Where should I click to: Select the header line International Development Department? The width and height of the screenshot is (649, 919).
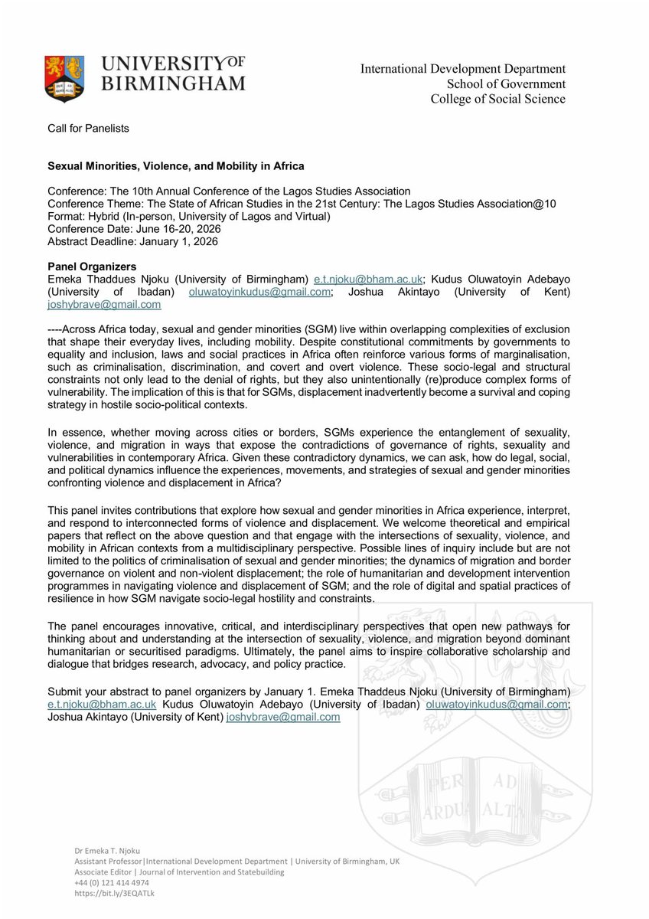tap(463, 70)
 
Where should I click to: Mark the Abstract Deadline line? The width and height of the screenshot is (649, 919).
tap(132, 241)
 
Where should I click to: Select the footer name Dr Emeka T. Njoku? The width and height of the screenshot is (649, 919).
tap(109, 851)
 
